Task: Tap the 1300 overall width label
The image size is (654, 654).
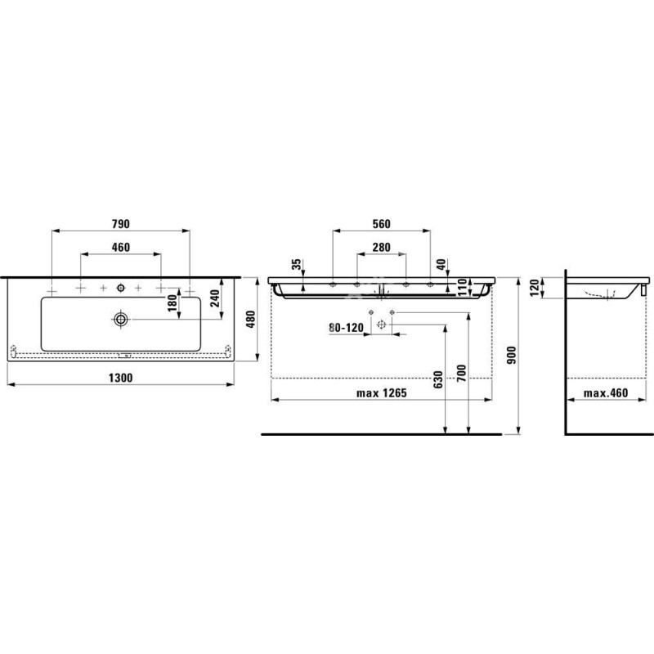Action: coord(121,378)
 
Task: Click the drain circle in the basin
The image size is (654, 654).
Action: coord(121,317)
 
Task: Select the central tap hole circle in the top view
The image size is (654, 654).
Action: coord(121,288)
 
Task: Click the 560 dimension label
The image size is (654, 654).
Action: coord(381,224)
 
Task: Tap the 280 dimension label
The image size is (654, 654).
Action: coord(381,248)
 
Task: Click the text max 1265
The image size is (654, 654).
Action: coord(381,393)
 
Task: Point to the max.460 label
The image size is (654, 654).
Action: coord(605,393)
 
